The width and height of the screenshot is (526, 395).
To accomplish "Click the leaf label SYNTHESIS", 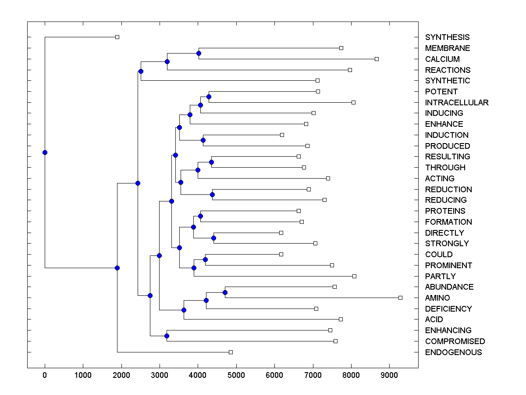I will (447, 37).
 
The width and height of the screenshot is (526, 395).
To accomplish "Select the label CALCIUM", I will (442, 59).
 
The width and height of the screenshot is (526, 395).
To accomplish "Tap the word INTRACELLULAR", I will (457, 103).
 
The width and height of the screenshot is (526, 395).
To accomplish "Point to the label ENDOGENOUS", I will (453, 352).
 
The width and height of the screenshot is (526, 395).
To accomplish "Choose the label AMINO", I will (437, 298).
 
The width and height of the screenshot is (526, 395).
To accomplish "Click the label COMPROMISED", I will (455, 341).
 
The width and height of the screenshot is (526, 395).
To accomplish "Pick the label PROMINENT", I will (448, 266).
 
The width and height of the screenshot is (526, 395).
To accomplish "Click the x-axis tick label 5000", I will (236, 375).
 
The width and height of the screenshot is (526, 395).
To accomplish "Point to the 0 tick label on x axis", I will (45, 375).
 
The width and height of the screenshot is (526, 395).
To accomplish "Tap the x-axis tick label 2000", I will (121, 375).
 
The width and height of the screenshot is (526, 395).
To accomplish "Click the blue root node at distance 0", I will (45, 152).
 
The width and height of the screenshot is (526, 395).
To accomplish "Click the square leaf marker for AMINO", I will (400, 298).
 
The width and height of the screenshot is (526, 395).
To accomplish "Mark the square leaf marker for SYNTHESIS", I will (117, 37).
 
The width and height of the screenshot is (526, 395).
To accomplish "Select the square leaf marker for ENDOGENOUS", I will (231, 352).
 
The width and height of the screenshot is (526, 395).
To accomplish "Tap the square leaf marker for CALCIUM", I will (377, 59).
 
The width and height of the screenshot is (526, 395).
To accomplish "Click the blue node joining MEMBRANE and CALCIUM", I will (199, 53).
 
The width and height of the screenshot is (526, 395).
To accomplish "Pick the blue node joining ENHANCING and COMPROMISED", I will (167, 336).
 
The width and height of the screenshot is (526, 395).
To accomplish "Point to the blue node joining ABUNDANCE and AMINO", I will (225, 292).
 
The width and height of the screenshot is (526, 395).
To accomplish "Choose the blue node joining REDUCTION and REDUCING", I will (212, 194).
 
